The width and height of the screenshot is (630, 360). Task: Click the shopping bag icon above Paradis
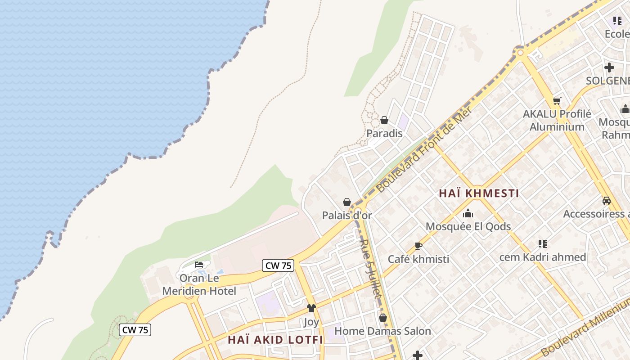point(384,120)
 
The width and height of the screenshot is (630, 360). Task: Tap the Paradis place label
point(384,133)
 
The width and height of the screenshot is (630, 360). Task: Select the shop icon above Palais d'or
point(347,202)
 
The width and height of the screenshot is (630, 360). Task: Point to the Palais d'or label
point(347,216)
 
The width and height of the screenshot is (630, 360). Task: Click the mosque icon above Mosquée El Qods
point(468,213)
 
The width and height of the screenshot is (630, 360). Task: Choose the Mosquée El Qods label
point(468,226)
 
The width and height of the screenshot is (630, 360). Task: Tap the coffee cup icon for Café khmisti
point(418,246)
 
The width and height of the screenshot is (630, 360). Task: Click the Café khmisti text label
point(418,259)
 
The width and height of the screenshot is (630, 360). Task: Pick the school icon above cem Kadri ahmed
point(542,244)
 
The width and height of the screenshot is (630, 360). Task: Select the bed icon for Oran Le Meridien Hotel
point(199,265)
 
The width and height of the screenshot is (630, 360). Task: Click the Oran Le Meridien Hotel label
point(199,284)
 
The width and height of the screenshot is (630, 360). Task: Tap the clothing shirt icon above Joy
point(311,308)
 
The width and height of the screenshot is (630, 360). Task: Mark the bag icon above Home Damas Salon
point(383,318)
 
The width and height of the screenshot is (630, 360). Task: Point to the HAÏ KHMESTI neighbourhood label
point(479,193)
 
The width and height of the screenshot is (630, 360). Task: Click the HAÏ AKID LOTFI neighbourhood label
point(275,339)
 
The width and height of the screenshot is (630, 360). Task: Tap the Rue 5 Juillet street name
point(370,268)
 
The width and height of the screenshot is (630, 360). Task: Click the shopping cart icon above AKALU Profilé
point(557,101)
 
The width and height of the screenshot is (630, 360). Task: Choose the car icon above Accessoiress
point(607,201)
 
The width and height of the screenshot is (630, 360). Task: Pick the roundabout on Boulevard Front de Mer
point(521,53)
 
